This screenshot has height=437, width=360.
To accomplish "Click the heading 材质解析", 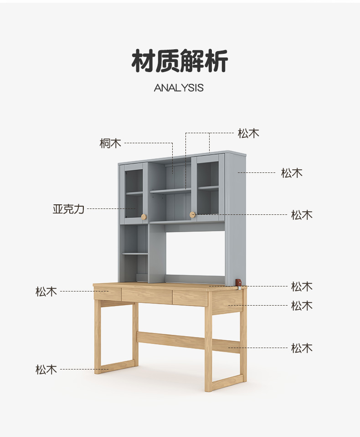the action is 180,62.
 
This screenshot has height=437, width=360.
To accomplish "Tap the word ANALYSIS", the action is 179,88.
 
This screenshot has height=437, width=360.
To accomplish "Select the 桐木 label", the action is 111,143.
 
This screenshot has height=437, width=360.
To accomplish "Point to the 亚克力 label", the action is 68,209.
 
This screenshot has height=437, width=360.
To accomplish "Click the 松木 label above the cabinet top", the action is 248,133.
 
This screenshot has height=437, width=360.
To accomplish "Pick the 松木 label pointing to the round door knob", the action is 302,215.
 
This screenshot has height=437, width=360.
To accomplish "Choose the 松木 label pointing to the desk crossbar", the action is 302,348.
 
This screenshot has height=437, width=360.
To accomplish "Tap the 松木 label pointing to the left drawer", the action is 46,291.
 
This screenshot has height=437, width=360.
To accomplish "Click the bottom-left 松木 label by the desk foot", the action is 46,369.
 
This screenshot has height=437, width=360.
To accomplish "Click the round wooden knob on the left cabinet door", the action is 144,216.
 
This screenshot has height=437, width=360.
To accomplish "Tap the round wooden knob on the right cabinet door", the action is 192,214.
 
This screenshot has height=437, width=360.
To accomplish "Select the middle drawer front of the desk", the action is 147,296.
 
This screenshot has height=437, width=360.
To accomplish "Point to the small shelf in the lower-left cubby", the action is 135,253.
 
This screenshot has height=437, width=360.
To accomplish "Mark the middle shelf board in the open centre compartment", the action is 170,191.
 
